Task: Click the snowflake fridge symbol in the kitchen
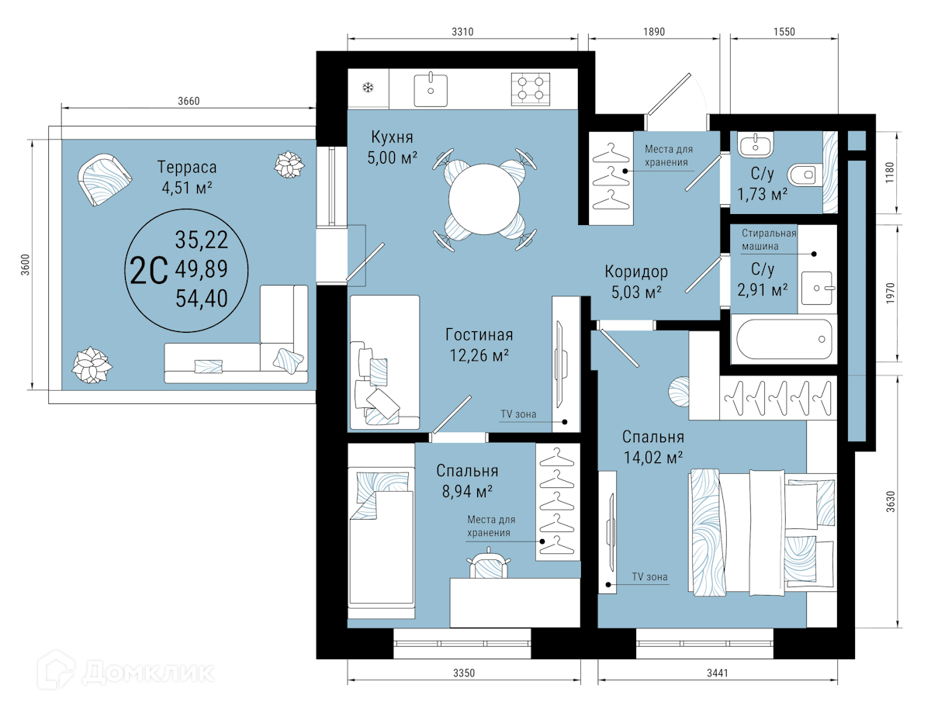tap(368, 88)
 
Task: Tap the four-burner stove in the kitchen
tap(531, 89)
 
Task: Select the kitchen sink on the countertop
tap(431, 89)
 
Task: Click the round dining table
tap(484, 199)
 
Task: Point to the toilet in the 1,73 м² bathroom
tap(805, 175)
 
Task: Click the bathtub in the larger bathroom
tap(784, 339)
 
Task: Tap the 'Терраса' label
tap(187, 167)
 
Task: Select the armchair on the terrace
tap(104, 179)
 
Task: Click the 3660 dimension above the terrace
tap(189, 101)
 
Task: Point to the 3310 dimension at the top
tap(462, 32)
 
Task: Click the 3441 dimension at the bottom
tap(718, 673)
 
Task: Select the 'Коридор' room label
tap(636, 272)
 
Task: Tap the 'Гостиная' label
tap(479, 335)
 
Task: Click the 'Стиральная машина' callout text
tap(769, 240)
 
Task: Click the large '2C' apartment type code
tap(148, 271)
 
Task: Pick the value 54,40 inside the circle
tap(202, 299)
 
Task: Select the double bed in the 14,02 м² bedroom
tap(762, 533)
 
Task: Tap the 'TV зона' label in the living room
tap(518, 414)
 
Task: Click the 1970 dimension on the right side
tap(891, 293)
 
